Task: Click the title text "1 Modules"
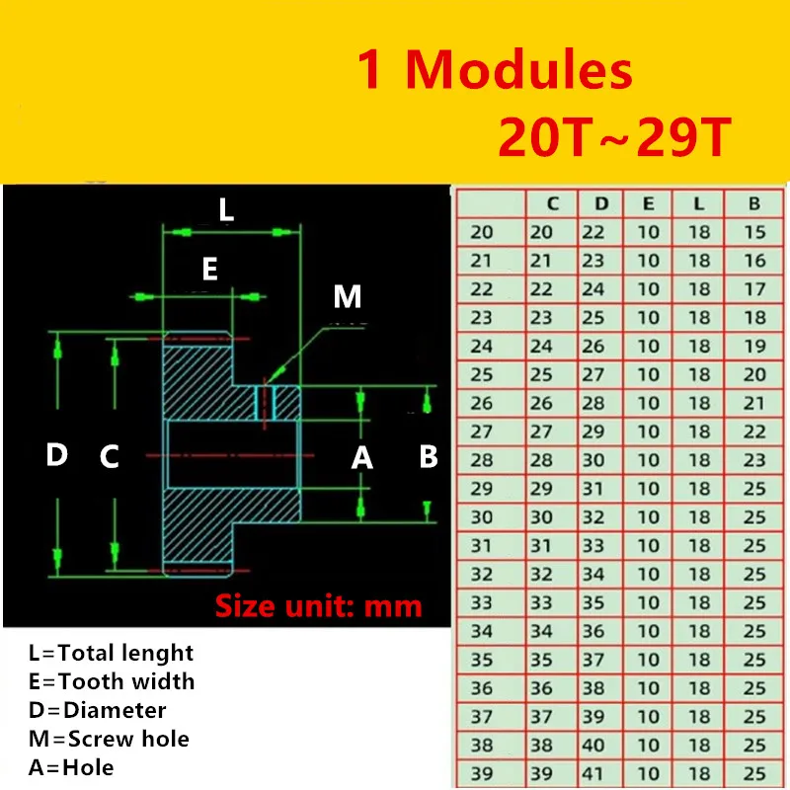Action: coord(494,71)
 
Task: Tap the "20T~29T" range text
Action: coord(613,138)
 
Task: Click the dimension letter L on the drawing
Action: coord(226,209)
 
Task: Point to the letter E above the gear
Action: coord(209,270)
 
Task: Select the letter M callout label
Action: coord(347,295)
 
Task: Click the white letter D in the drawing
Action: coord(57,455)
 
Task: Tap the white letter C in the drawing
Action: coord(110,457)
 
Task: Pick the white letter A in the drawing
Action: coord(362,457)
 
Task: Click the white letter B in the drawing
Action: coord(429,457)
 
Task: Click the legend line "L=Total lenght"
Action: coord(112,653)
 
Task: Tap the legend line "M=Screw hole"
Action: coord(109,738)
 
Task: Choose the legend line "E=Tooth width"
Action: coord(112,681)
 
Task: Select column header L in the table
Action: coord(699,204)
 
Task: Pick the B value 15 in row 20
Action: coord(753,233)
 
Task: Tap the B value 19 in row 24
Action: coord(753,347)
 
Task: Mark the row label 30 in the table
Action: coord(482,516)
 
